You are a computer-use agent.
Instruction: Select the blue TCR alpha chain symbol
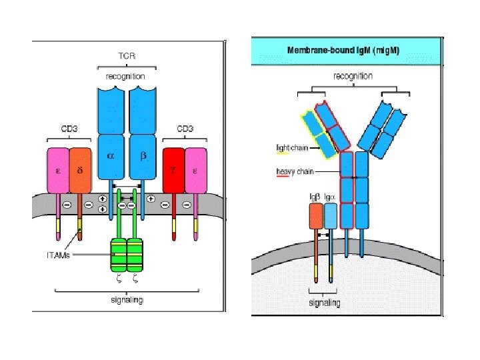(111, 155)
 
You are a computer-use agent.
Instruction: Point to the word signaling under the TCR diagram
(127, 299)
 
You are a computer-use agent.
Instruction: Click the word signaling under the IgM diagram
(325, 303)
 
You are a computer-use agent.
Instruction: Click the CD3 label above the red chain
(186, 128)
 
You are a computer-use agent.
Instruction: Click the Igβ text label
(315, 197)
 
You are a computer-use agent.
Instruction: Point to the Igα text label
(330, 197)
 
